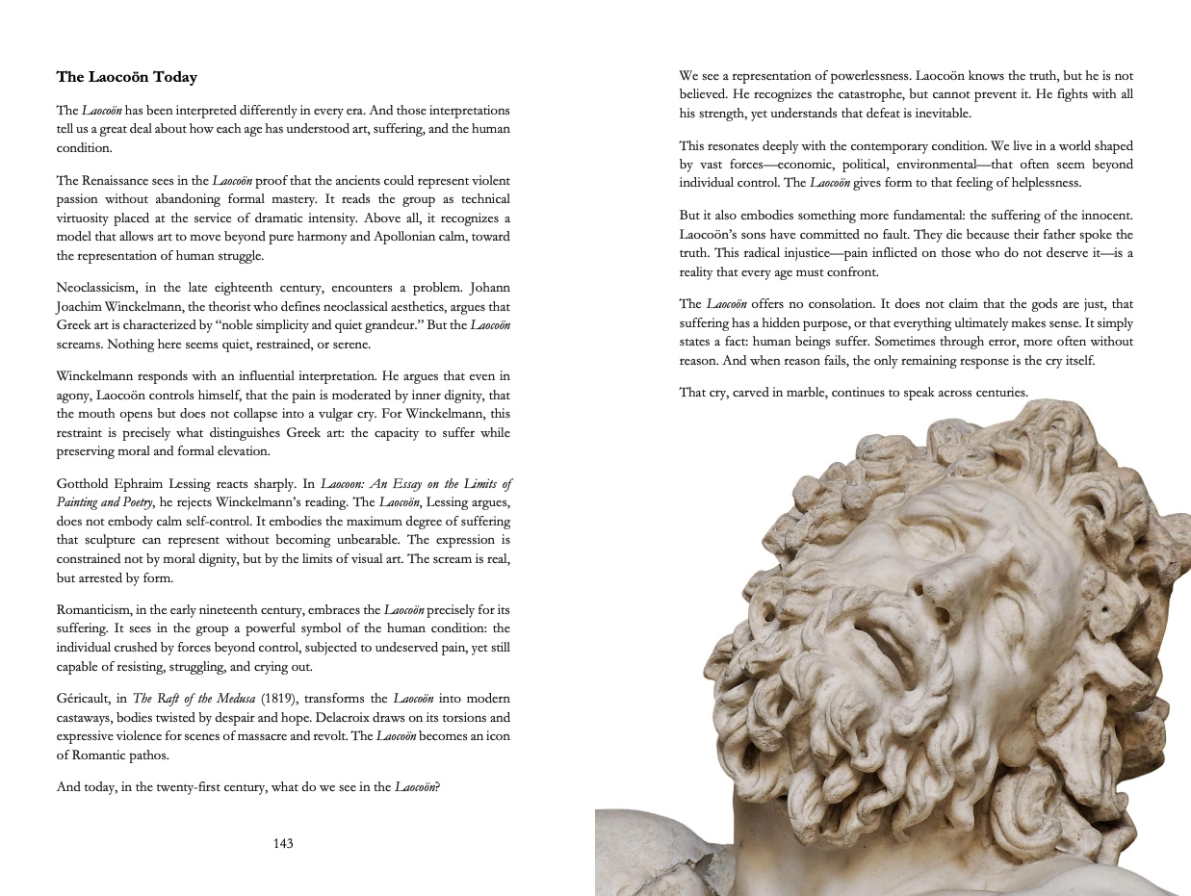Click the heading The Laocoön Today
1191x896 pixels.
click(x=126, y=77)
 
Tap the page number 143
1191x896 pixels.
click(x=283, y=844)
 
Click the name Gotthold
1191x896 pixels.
click(x=84, y=483)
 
